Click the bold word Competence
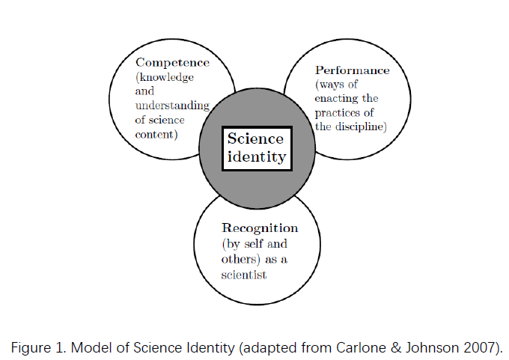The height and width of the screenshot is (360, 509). click(x=172, y=63)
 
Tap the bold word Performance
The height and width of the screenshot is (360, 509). click(x=353, y=70)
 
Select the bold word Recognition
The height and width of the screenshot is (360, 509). click(x=260, y=228)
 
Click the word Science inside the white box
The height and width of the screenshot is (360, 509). click(x=255, y=138)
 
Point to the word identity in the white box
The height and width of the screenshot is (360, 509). click(x=257, y=156)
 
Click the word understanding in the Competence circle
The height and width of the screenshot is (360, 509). click(x=172, y=106)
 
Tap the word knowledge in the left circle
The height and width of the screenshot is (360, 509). click(x=166, y=77)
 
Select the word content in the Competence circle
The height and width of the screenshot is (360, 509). click(x=154, y=135)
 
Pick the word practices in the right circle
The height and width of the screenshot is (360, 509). click(x=335, y=113)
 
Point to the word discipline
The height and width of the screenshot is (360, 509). click(x=359, y=126)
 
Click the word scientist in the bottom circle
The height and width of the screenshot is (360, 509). click(x=244, y=275)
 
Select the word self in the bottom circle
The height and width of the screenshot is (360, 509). click(x=254, y=244)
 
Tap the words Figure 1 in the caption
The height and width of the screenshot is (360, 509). click(x=39, y=348)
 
